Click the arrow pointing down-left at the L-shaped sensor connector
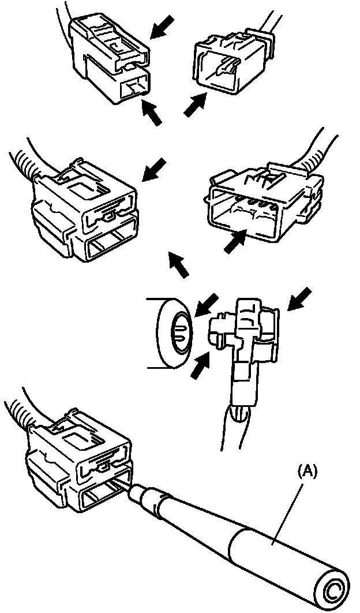300,300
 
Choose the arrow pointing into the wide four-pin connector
234,242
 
